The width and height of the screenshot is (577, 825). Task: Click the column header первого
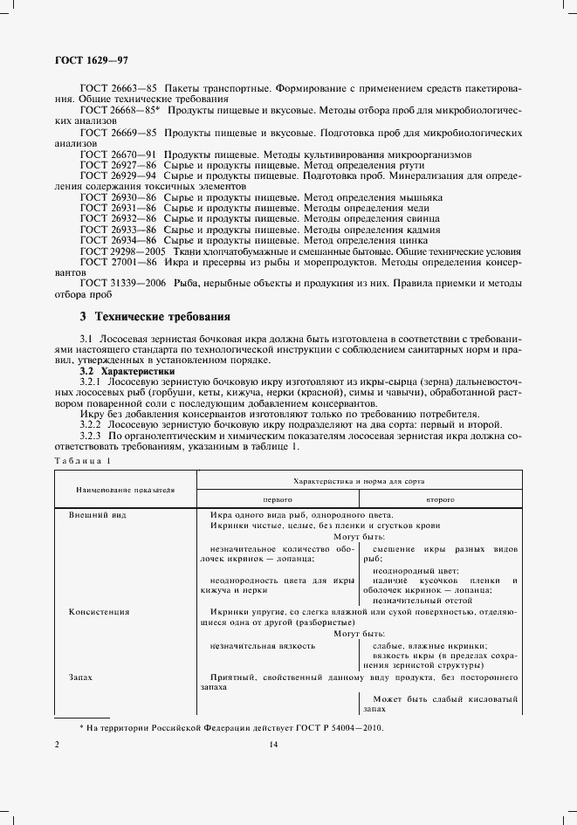[278, 499]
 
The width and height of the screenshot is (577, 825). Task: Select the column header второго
[440, 499]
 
